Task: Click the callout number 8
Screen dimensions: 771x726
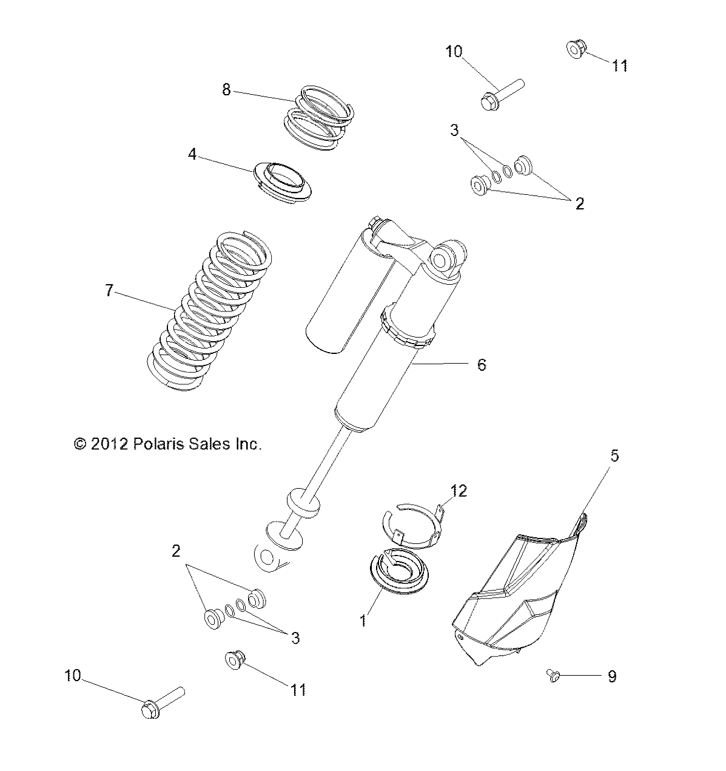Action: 226,90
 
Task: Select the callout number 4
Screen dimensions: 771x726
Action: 192,154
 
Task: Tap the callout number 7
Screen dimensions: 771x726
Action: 109,291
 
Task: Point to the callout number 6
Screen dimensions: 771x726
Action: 481,364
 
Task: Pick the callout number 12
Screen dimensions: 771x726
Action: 459,491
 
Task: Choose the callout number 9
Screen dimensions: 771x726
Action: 612,676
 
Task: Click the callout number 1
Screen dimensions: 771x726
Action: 363,620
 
